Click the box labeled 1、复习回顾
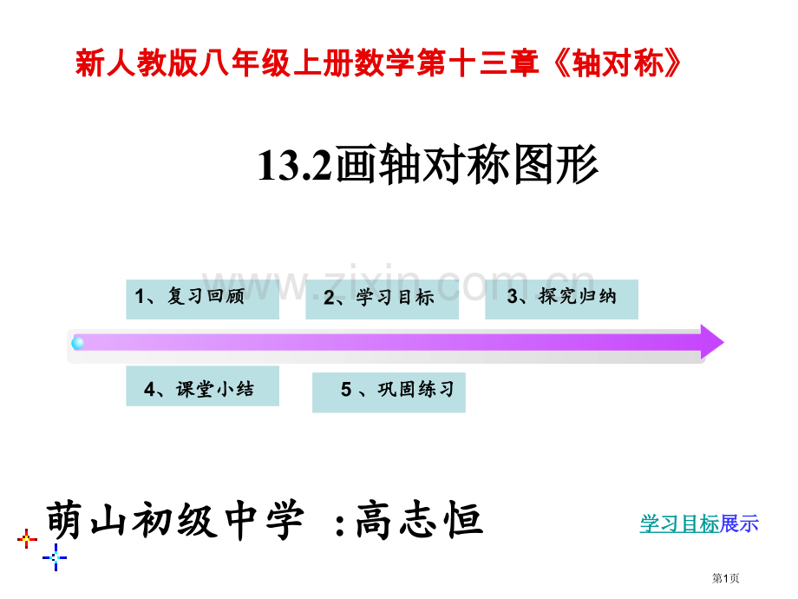[203, 299]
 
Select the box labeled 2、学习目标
[383, 299]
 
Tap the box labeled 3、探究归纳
[562, 299]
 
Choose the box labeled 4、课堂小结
[203, 385]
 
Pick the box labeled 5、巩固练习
[389, 392]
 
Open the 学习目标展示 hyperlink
[699, 524]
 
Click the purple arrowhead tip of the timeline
[723, 342]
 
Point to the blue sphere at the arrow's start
[78, 343]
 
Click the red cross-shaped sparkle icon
[27, 538]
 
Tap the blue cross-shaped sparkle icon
[55, 557]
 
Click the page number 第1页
[725, 578]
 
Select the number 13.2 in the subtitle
[295, 166]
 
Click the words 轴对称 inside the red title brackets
[618, 63]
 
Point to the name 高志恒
[419, 519]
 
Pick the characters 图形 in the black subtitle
[556, 165]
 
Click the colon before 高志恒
[341, 524]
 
